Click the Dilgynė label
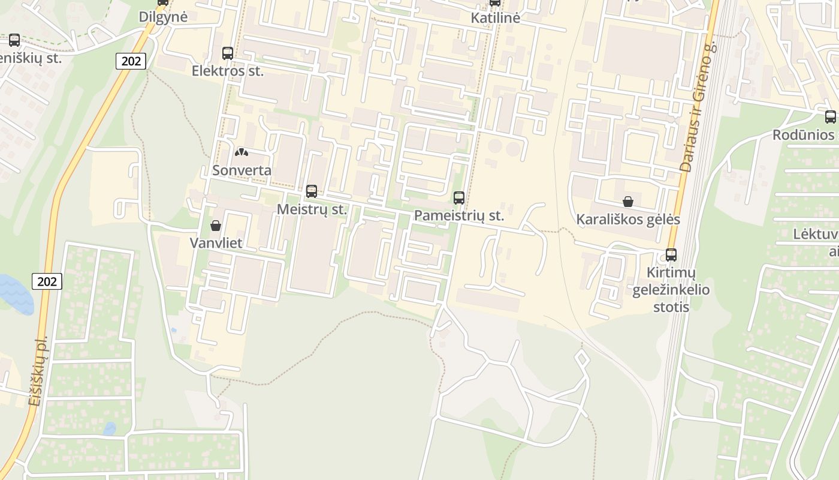[x=163, y=17]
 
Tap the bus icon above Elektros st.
[x=228, y=53]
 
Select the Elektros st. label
[x=228, y=71]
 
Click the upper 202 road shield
[x=131, y=61]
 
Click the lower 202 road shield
[x=47, y=281]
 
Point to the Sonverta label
[x=242, y=170]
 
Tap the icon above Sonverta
[x=242, y=153]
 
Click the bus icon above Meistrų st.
[x=312, y=191]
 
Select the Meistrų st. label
[x=312, y=209]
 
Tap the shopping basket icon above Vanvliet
[x=216, y=226]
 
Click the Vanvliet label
[x=216, y=243]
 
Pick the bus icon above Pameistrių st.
[x=459, y=197]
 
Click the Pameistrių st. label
[x=459, y=215]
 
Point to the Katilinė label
[x=495, y=18]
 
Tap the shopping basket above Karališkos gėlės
[x=628, y=202]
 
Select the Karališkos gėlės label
[x=628, y=220]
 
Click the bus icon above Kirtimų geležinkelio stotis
[x=671, y=255]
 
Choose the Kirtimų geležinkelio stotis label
[x=671, y=290]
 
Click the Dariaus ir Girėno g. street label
[x=698, y=114]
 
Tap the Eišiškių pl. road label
[x=38, y=372]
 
